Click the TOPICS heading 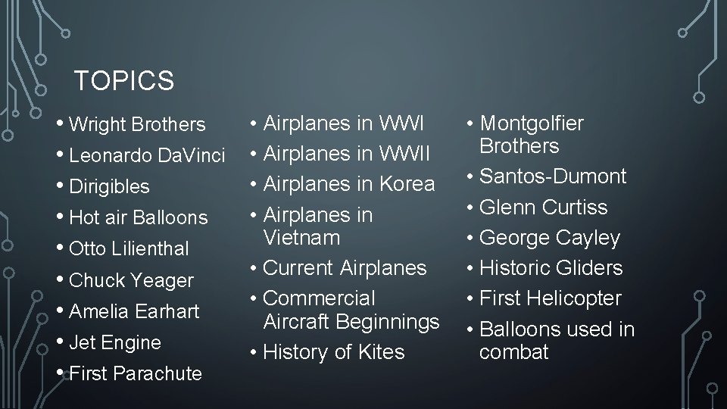tap(124, 80)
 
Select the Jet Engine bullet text tap(115, 342)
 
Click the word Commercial tap(319, 298)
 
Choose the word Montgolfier tap(532, 123)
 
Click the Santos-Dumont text tap(554, 176)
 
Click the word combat tap(513, 352)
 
